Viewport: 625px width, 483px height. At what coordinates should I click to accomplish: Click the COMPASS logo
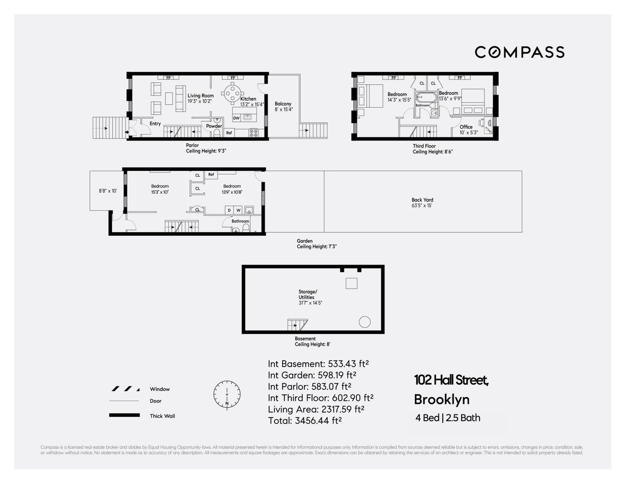(x=519, y=52)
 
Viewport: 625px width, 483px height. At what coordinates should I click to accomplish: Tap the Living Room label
(x=200, y=96)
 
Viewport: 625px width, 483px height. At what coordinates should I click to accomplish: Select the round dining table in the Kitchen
(x=233, y=92)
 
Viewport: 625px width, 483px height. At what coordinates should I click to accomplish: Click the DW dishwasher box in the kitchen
(x=236, y=118)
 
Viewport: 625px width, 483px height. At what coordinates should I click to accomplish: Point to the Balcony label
(x=283, y=104)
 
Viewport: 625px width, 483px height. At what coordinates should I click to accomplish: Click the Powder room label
(x=214, y=126)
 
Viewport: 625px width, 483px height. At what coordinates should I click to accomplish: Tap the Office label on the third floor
(x=466, y=127)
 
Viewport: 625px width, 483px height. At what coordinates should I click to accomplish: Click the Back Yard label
(x=422, y=199)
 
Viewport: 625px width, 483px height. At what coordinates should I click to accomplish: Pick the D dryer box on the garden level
(x=229, y=210)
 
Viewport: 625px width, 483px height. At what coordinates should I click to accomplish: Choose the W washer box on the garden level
(x=238, y=210)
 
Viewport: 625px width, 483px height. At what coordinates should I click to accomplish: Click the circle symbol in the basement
(x=364, y=322)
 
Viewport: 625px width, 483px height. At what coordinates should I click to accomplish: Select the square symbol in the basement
(x=351, y=283)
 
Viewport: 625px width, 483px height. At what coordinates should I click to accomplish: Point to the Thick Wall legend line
(x=125, y=415)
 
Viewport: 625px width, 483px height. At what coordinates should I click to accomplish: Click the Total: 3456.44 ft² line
(x=305, y=420)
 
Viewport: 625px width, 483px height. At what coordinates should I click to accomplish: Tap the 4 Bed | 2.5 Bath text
(x=448, y=418)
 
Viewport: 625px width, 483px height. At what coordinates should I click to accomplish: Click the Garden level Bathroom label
(x=240, y=221)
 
